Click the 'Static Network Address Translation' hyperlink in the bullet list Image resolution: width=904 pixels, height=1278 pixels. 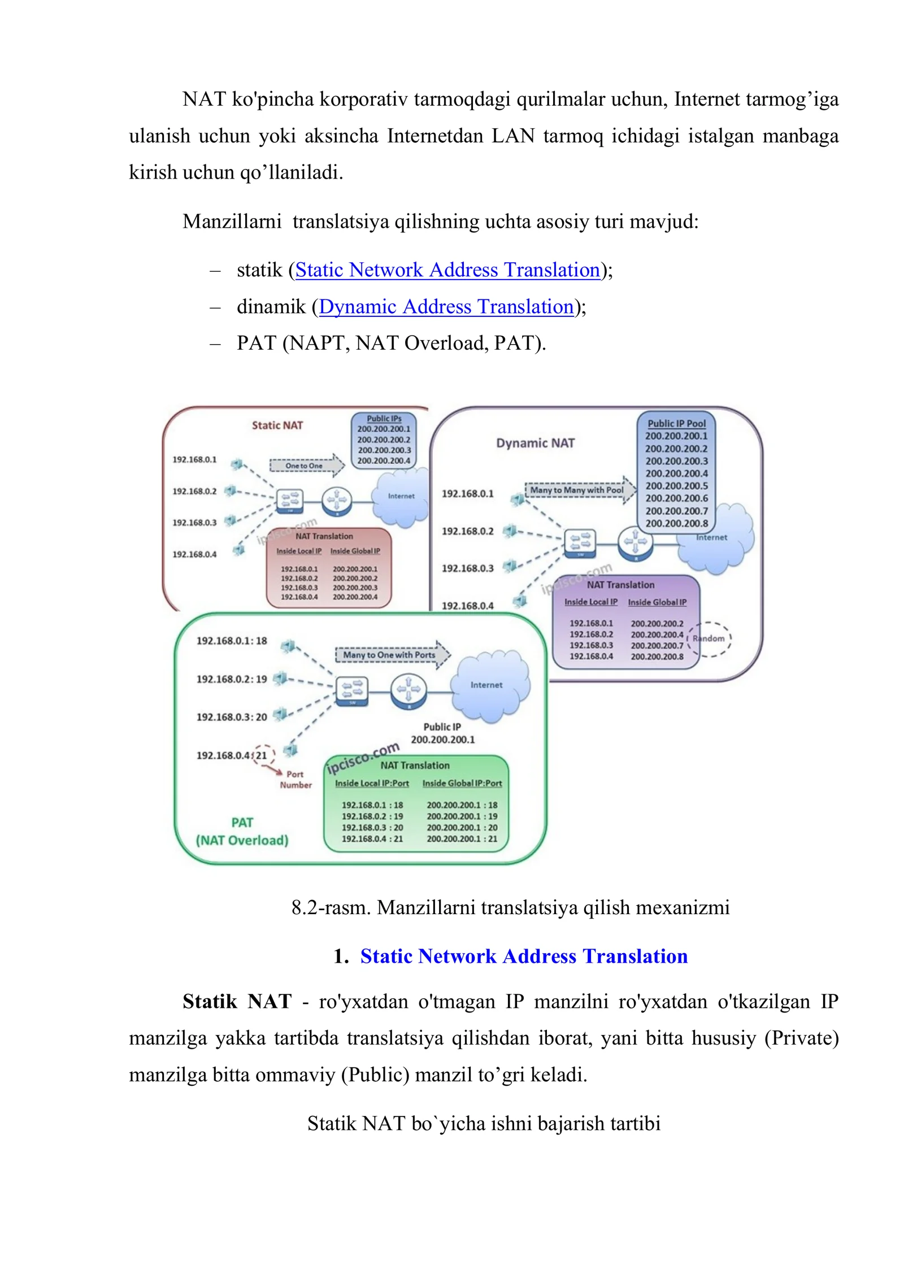[447, 270]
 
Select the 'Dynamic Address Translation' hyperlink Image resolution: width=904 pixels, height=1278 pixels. [446, 307]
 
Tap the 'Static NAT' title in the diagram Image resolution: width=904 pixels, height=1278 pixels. [277, 425]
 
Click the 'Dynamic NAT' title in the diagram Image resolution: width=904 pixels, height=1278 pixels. [535, 443]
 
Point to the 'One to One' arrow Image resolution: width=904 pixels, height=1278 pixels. [307, 466]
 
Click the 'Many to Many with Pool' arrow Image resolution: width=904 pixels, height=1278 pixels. [580, 490]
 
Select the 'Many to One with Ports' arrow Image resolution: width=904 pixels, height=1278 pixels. [393, 655]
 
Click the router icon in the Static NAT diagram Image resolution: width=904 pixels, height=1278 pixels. [337, 500]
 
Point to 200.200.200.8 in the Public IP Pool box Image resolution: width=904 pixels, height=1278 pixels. [676, 523]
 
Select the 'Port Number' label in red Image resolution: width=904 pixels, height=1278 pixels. [295, 779]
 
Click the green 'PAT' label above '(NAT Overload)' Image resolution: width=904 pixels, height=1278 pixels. [242, 823]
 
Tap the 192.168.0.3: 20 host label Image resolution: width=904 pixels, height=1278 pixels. [232, 717]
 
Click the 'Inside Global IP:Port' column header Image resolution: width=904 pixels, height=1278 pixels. [462, 783]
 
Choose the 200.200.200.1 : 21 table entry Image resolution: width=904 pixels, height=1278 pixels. [462, 839]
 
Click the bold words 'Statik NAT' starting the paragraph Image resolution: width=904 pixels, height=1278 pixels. [237, 1002]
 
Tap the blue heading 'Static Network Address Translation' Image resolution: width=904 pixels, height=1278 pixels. [524, 956]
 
